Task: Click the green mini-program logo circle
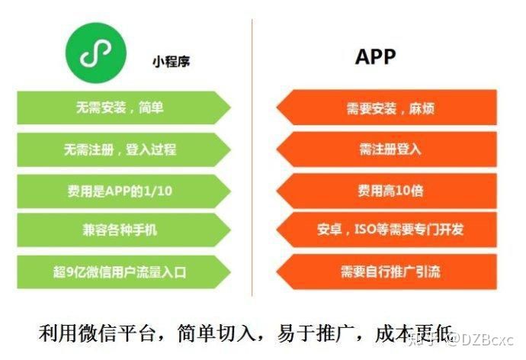(x=96, y=53)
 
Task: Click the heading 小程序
(x=171, y=62)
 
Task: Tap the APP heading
(x=375, y=56)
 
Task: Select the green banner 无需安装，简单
(x=123, y=108)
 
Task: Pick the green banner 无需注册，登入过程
(x=123, y=149)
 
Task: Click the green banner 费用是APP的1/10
(x=123, y=191)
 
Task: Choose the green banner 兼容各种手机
(x=123, y=230)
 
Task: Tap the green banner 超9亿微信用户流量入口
(x=123, y=272)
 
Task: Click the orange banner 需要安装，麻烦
(x=386, y=108)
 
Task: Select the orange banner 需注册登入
(x=386, y=149)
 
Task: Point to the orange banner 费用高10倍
(x=386, y=191)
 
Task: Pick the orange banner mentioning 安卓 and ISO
(x=386, y=230)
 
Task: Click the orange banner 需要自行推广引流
(x=386, y=272)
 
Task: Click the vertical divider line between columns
(x=252, y=158)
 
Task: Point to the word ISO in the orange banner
(x=365, y=230)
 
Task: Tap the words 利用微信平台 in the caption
(x=98, y=333)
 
